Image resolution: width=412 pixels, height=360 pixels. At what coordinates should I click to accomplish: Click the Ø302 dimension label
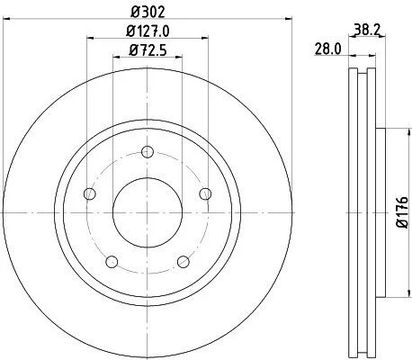[x=148, y=13]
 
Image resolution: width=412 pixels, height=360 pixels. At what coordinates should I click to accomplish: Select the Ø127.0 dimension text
[x=148, y=31]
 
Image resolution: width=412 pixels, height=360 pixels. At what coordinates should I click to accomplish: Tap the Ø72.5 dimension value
[x=148, y=50]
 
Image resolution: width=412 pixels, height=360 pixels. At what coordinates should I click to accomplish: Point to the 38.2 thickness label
[x=367, y=30]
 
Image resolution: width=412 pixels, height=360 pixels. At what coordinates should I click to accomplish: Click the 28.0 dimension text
[x=327, y=49]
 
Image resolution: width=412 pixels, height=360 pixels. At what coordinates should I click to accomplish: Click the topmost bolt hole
[x=148, y=152]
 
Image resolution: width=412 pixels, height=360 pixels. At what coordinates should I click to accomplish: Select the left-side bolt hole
[x=89, y=193]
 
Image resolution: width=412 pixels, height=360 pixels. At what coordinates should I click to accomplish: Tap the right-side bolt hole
[x=205, y=193]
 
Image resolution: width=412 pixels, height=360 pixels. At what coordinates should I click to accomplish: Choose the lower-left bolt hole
[x=112, y=262]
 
